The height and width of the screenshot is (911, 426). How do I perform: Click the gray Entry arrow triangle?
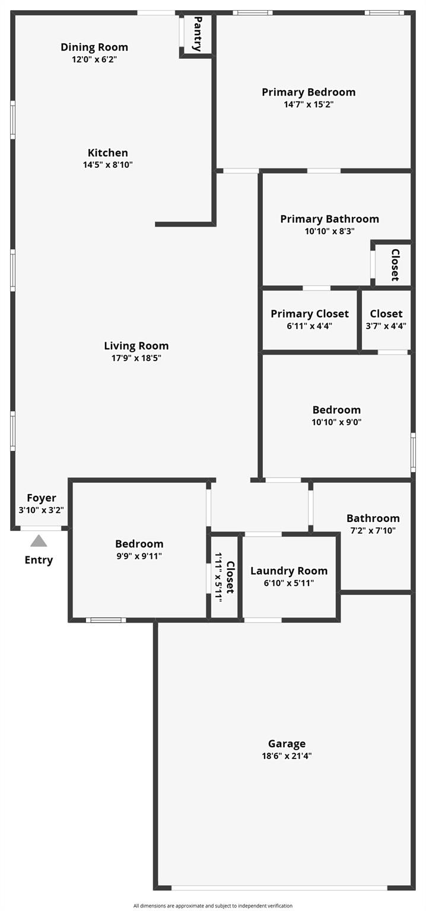tap(39, 540)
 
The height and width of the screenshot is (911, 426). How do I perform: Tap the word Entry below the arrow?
tap(39, 560)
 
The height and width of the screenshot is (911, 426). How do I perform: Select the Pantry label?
tap(198, 34)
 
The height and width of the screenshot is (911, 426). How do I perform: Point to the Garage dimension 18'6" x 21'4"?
tap(287, 756)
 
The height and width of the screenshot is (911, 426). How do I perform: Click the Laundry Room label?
tap(289, 571)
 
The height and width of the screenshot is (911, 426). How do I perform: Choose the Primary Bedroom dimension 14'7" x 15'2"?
tap(309, 104)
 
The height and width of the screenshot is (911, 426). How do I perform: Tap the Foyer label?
tap(42, 498)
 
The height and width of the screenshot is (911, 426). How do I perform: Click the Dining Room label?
tap(94, 47)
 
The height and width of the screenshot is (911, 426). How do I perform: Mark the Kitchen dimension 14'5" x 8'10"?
tap(107, 165)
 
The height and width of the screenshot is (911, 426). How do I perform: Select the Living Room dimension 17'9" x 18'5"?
tap(136, 358)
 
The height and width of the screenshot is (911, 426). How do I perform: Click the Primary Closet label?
tap(310, 314)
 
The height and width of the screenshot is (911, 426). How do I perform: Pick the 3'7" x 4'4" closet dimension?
tap(386, 326)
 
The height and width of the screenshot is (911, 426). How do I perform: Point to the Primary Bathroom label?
tap(329, 219)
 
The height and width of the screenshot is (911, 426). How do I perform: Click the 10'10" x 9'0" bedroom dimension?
tap(336, 422)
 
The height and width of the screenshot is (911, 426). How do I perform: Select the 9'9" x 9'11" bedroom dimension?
tap(139, 556)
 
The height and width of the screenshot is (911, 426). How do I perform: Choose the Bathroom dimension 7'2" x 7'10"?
tap(373, 531)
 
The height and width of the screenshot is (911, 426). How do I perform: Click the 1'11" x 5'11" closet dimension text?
tap(218, 577)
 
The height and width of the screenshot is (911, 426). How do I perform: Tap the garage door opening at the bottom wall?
tap(279, 888)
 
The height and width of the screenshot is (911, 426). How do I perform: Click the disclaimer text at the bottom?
tap(213, 906)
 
